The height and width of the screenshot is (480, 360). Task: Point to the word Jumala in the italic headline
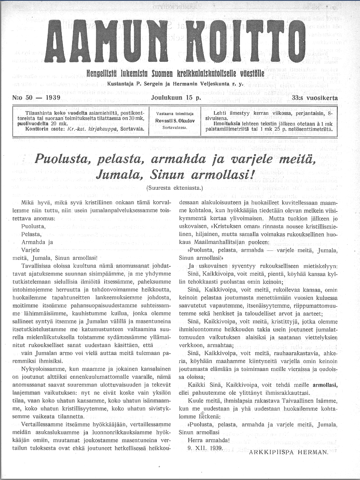119,175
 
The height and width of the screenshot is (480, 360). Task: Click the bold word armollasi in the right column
325,385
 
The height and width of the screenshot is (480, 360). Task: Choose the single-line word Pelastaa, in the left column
31,234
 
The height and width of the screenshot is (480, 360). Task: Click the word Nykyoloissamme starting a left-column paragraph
42,369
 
